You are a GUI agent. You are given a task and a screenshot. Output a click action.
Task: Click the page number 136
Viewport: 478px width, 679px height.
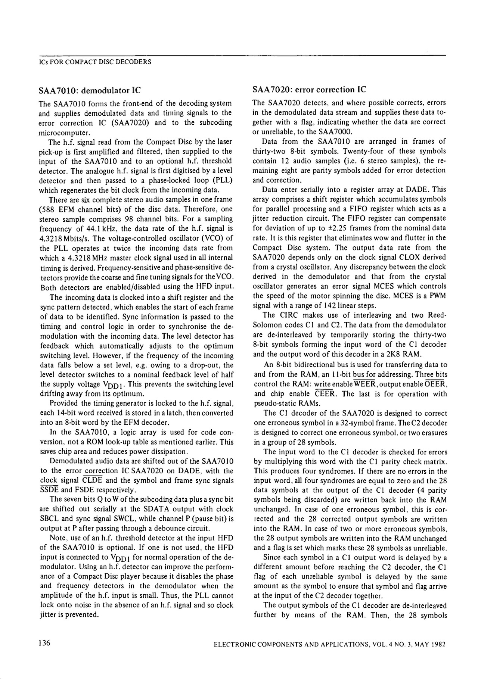click(44, 644)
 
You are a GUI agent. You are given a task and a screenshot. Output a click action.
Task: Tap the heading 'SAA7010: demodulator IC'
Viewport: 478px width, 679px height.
click(90, 90)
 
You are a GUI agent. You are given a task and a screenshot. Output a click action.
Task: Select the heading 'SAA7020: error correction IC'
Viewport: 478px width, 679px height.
click(310, 90)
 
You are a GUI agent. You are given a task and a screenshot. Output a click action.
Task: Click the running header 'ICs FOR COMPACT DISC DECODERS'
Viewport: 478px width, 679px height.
click(95, 62)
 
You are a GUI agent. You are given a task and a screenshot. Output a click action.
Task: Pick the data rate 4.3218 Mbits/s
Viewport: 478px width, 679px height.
click(64, 238)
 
